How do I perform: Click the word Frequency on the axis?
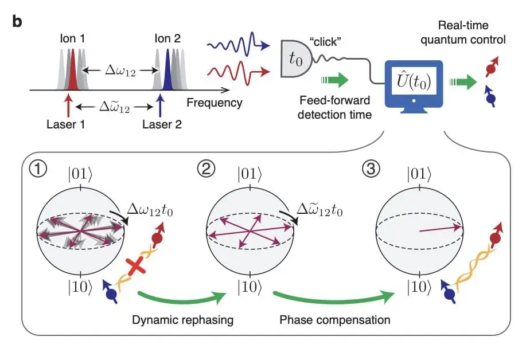point(215,103)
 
